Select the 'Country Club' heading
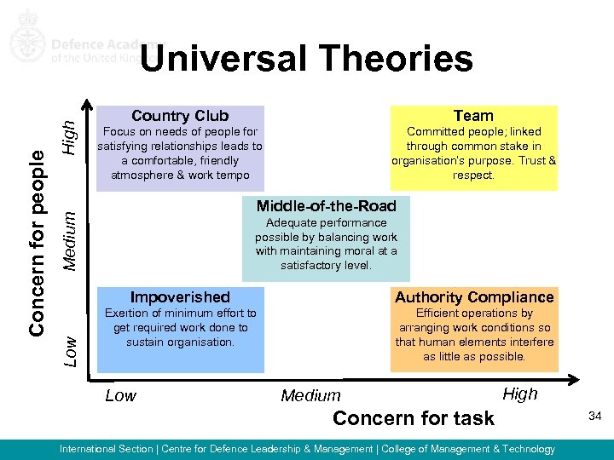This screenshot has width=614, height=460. (180, 116)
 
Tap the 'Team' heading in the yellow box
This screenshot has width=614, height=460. (473, 116)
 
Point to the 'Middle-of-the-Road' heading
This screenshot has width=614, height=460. (326, 205)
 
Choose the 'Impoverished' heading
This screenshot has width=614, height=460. (180, 297)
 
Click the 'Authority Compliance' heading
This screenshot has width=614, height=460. (474, 297)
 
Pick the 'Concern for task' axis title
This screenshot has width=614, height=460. (414, 417)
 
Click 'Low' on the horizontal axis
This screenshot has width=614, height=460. (120, 395)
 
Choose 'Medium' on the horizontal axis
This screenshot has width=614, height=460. (310, 395)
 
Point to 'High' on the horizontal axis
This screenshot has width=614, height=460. (520, 394)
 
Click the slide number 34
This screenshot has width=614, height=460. (594, 415)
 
